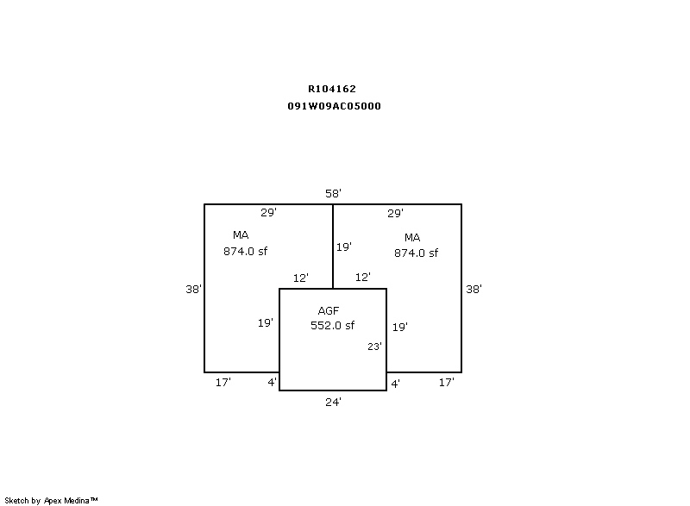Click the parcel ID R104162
tap(332, 89)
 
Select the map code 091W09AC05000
tap(334, 106)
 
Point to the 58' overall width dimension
tap(333, 193)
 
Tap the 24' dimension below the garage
tap(333, 402)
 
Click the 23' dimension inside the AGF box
tap(374, 347)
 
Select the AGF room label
tap(329, 311)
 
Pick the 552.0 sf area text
tap(332, 325)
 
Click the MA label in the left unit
tap(241, 235)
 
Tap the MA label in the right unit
tap(412, 238)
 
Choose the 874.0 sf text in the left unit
tap(245, 251)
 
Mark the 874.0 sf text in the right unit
tap(416, 253)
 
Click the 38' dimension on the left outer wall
tap(193, 289)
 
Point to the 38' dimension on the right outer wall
tap(474, 289)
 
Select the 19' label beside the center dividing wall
tap(344, 247)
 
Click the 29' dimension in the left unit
tap(268, 212)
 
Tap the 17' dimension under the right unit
tap(446, 383)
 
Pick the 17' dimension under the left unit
tap(223, 383)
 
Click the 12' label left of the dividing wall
tap(301, 278)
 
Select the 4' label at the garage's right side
tap(396, 384)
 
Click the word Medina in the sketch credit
tap(77, 500)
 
